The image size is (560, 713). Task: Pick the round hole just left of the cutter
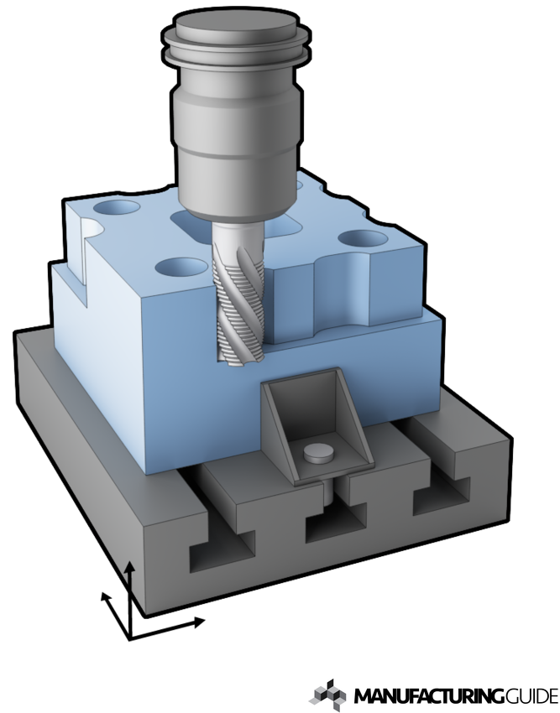[181, 268]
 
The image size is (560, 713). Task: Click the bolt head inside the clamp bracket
[317, 453]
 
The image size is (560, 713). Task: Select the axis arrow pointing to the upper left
[105, 596]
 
